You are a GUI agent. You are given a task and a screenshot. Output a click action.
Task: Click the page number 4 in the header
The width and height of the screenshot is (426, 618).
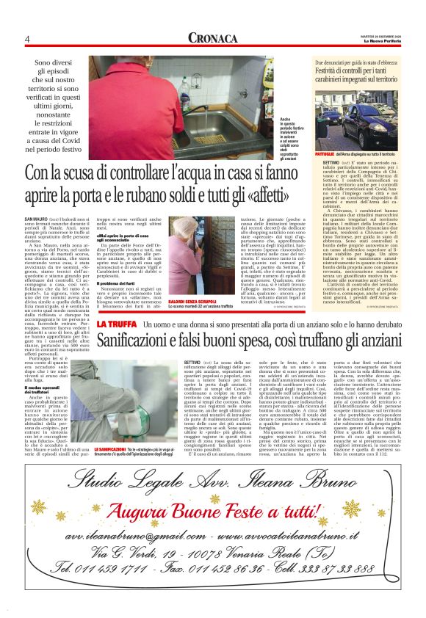tap(27, 40)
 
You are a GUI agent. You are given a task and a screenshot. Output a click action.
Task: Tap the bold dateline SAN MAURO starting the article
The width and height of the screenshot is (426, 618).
tap(37, 220)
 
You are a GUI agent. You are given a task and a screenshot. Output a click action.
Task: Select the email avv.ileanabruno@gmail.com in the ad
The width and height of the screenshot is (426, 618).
tap(126, 537)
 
